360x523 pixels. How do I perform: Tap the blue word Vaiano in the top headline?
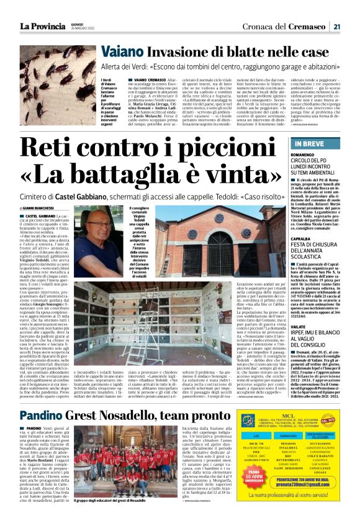point(124,52)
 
